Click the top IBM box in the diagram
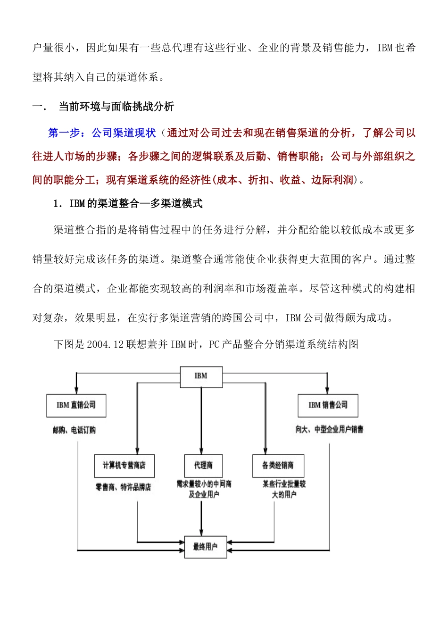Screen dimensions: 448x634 (x=201, y=377)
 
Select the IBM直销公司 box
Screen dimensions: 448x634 (x=76, y=406)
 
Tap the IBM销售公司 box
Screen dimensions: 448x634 (x=328, y=406)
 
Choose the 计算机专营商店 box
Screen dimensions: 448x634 (x=124, y=466)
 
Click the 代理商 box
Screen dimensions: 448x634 (x=203, y=466)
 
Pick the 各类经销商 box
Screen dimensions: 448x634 (x=278, y=466)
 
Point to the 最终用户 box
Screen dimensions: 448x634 (x=206, y=547)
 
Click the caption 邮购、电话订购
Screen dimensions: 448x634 (x=74, y=430)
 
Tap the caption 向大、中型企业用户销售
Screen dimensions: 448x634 (x=329, y=429)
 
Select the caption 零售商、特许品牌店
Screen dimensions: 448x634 (x=124, y=487)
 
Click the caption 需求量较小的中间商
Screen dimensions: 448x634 (x=204, y=484)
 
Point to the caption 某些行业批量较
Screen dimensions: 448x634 (x=284, y=484)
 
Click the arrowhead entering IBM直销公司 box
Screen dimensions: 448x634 (x=76, y=391)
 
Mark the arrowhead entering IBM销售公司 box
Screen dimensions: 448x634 (x=327, y=391)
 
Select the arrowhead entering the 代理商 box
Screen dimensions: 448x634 (x=201, y=451)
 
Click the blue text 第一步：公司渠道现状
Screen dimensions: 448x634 (x=101, y=133)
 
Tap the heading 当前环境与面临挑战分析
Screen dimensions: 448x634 (x=116, y=107)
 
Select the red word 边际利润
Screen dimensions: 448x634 (x=332, y=180)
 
